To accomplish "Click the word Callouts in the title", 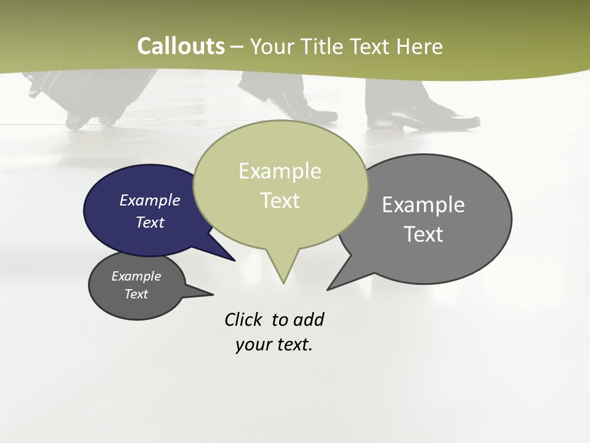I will (x=181, y=46).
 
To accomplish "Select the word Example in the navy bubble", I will (x=149, y=200).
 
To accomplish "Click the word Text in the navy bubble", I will (x=149, y=222).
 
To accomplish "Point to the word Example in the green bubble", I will (x=280, y=171).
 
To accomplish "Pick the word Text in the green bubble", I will (x=280, y=201).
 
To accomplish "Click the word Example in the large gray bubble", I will (x=423, y=204).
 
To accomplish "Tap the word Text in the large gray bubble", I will (x=423, y=234).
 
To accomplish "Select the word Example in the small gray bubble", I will (x=136, y=276).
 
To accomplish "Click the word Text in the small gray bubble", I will (x=136, y=294).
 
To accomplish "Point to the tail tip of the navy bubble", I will (x=234, y=260).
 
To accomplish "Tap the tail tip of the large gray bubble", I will (x=328, y=289).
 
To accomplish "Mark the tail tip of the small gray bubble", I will (x=213, y=294).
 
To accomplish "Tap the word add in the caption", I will (x=309, y=320).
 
